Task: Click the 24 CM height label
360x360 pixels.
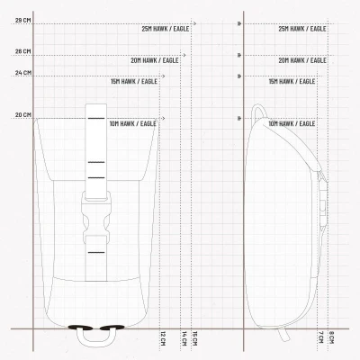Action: [x=23, y=73]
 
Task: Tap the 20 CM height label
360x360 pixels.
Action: [x=23, y=115]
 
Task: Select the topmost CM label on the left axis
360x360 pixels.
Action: [x=23, y=21]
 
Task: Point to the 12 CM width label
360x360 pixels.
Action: [x=163, y=338]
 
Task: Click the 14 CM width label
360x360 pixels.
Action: [x=184, y=338]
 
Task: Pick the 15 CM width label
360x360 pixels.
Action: [x=194, y=338]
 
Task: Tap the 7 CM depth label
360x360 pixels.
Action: [x=320, y=337]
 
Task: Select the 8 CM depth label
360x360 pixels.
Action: [x=331, y=337]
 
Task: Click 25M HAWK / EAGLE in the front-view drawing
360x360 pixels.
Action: [x=166, y=29]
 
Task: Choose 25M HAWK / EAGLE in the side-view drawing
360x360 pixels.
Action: [x=302, y=29]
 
